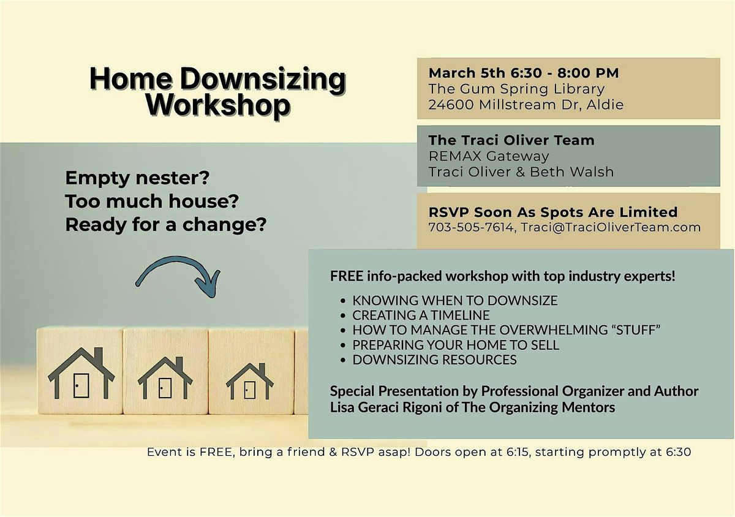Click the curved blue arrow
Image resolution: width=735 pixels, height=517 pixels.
179,276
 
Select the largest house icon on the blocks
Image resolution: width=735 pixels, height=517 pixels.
81,373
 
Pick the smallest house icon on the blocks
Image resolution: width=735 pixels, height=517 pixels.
250,381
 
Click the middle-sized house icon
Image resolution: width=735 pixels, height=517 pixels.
165,377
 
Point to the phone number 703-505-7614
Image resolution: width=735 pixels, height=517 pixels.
471,227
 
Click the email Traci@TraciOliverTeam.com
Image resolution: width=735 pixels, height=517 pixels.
611,227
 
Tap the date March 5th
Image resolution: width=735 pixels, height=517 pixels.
467,73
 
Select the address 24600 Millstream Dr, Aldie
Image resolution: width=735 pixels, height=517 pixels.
526,105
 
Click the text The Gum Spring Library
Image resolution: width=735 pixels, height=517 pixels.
516,89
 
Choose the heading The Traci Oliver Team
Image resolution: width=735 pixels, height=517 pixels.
511,140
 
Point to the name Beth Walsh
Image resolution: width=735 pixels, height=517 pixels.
571,172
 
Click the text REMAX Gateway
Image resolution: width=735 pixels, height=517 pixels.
489,156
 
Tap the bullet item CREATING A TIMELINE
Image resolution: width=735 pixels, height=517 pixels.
421,315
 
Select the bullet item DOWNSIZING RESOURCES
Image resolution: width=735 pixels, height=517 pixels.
434,360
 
